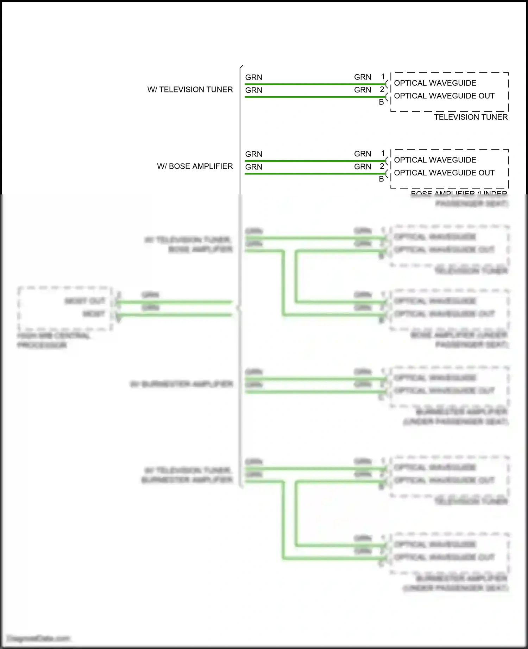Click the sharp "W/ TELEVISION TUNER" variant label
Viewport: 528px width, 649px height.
(190, 90)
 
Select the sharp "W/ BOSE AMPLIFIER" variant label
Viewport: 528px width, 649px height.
(195, 166)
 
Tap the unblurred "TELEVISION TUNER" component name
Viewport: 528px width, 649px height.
(471, 117)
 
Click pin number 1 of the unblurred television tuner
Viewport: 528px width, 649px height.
(383, 77)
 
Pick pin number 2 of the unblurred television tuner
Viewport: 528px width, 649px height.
(382, 90)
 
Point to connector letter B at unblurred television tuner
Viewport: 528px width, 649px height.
(381, 102)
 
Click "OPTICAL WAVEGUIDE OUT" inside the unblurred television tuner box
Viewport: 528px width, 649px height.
(444, 96)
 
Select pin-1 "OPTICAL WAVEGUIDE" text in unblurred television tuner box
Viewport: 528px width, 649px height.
(435, 83)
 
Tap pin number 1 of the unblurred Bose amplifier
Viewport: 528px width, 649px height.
(383, 154)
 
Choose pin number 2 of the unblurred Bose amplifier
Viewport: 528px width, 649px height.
(382, 166)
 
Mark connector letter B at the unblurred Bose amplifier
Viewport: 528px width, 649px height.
(381, 179)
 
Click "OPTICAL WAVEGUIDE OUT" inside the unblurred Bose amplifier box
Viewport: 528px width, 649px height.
(444, 173)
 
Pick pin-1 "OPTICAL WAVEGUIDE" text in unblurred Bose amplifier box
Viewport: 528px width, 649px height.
(435, 160)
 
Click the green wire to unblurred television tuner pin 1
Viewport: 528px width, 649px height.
(313, 84)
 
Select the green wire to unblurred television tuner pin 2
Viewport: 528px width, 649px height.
(313, 97)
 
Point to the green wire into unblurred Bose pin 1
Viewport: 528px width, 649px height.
(313, 161)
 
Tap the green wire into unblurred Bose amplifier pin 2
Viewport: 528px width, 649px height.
(313, 174)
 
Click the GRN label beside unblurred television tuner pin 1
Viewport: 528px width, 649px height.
(363, 77)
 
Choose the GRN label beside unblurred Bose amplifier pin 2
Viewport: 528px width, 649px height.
(363, 167)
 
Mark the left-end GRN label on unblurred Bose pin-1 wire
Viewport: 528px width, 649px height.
(254, 154)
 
